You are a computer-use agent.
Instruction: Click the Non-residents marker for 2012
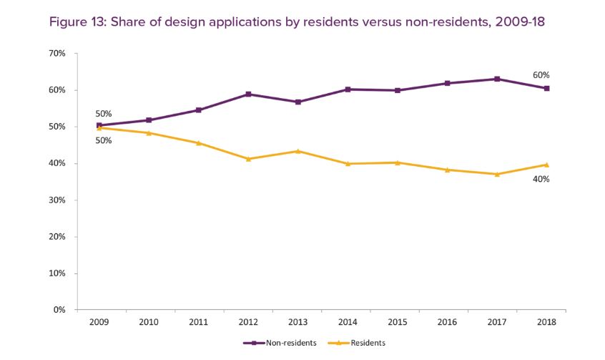pyautogui.click(x=248, y=94)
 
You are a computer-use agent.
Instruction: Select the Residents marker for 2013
pyautogui.click(x=298, y=151)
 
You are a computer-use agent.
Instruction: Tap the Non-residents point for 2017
pyautogui.click(x=497, y=79)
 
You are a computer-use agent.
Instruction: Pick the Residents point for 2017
pyautogui.click(x=497, y=174)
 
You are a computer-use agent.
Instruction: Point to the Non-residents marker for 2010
pyautogui.click(x=149, y=120)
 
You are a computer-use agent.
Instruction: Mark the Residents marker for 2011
pyautogui.click(x=199, y=143)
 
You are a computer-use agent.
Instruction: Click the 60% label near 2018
pyautogui.click(x=541, y=75)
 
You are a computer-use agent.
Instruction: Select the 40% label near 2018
pyautogui.click(x=541, y=179)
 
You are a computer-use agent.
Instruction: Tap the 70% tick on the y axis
pyautogui.click(x=58, y=54)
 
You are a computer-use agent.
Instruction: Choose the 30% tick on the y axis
pyautogui.click(x=58, y=200)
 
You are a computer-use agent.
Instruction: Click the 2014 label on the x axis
pyautogui.click(x=348, y=322)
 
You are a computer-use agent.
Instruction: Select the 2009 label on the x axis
pyautogui.click(x=99, y=322)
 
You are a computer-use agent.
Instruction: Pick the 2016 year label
pyautogui.click(x=447, y=322)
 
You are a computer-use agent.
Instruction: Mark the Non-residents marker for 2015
pyautogui.click(x=398, y=90)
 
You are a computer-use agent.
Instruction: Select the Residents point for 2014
pyautogui.click(x=348, y=164)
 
